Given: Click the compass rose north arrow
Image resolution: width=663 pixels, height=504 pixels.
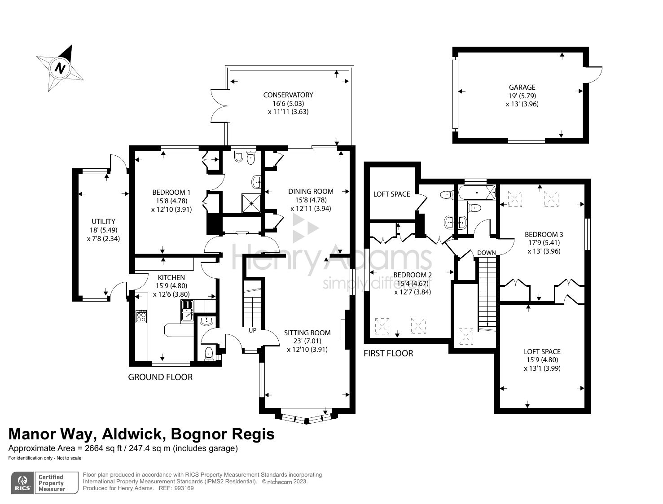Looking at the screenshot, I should [60, 68].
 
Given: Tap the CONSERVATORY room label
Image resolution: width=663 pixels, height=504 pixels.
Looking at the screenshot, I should [288, 95].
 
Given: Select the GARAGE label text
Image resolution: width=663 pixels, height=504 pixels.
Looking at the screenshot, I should [522, 88].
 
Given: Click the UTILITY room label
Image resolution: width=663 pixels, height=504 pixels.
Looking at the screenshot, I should [103, 222].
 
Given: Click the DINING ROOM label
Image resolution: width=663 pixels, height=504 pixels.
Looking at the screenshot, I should [311, 192].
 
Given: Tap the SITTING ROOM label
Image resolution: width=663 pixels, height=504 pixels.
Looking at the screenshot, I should [307, 333].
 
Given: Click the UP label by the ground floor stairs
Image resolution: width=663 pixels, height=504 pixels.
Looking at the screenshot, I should [252, 330].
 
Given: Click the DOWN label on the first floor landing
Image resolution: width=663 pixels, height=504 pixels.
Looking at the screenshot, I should [486, 253].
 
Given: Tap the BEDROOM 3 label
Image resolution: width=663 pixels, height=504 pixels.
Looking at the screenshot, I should [544, 235].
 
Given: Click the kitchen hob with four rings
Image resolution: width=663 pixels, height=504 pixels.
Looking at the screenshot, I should [141, 316].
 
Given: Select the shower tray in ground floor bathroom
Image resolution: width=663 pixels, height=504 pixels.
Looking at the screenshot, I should [252, 202].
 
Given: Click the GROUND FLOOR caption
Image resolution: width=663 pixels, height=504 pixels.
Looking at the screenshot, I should [160, 377].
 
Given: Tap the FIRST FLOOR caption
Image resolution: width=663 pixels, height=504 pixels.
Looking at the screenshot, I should [388, 354].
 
